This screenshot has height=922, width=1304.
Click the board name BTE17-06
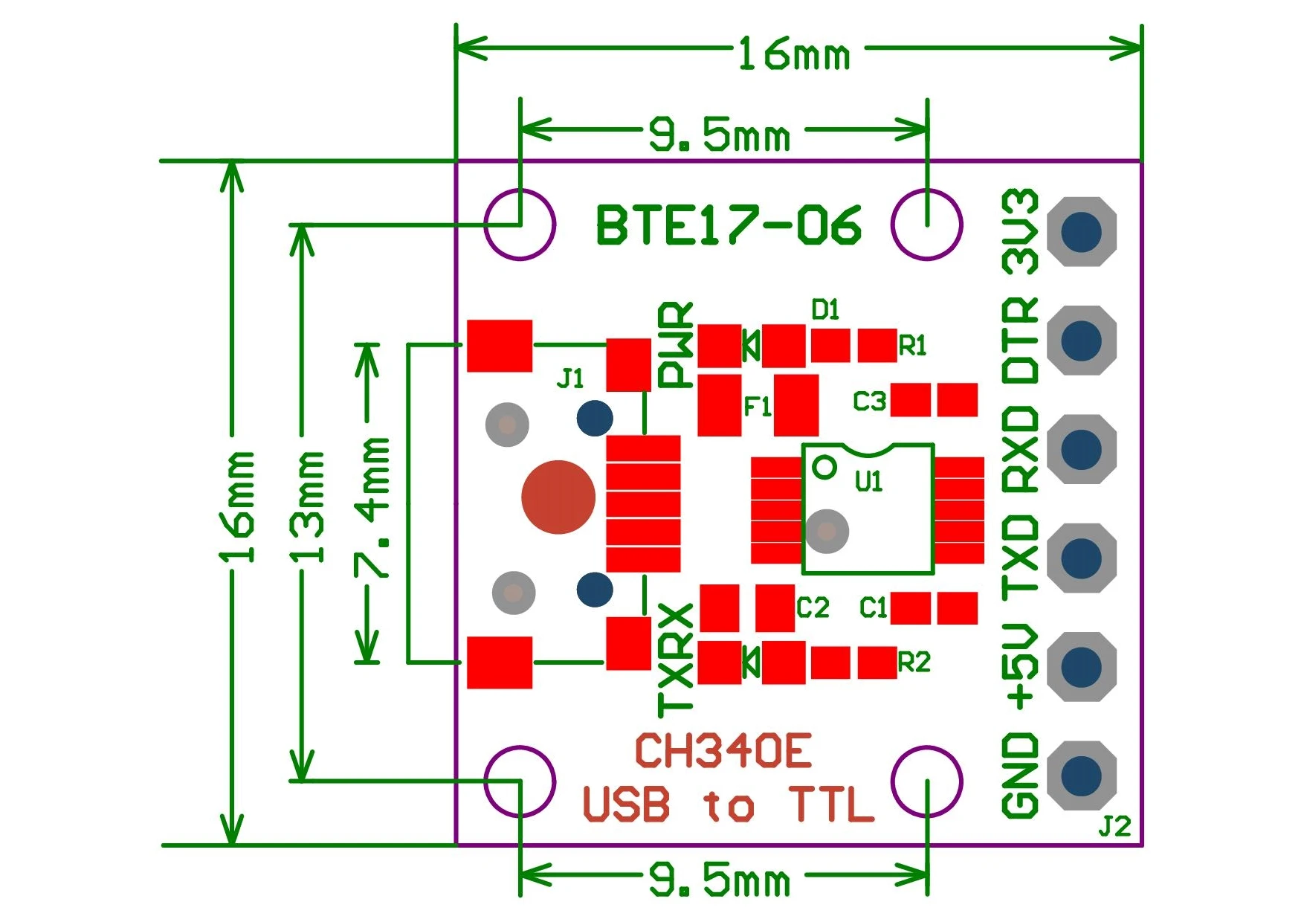(x=728, y=225)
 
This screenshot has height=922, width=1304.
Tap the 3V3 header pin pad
(x=1082, y=231)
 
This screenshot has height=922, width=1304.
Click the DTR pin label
(x=1021, y=341)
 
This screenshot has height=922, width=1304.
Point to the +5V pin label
(x=1021, y=666)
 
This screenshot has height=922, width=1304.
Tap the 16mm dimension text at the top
(x=793, y=55)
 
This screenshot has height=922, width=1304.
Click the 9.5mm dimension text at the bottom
(x=719, y=880)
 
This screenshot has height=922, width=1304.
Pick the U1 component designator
(x=868, y=482)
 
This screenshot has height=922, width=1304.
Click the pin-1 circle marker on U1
(x=824, y=467)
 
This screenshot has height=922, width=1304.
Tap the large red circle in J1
(x=558, y=497)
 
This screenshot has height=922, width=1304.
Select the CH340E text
(x=723, y=751)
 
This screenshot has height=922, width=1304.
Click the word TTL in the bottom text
(x=831, y=805)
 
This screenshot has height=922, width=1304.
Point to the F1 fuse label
(x=758, y=406)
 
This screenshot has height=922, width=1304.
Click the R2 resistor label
(x=914, y=662)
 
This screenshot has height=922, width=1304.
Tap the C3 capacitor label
(x=869, y=402)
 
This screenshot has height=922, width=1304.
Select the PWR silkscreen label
(x=676, y=344)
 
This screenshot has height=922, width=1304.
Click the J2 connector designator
(x=1114, y=826)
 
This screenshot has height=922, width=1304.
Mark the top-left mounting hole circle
(x=520, y=225)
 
